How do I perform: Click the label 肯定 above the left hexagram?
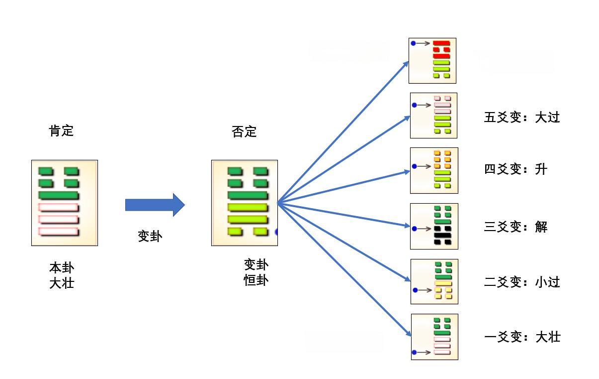click(61, 131)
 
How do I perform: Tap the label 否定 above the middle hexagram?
click(244, 132)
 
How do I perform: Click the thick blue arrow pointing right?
click(155, 205)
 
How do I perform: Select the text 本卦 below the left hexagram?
click(62, 267)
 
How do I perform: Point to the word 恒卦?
click(256, 280)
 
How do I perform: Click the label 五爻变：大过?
click(522, 118)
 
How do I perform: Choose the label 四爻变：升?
click(515, 169)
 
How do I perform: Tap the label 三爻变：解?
click(515, 227)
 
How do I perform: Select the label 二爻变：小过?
click(522, 282)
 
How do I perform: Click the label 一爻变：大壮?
click(522, 337)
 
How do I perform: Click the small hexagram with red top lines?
click(432, 60)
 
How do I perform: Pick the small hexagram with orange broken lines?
click(434, 170)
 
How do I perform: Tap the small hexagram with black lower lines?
click(434, 226)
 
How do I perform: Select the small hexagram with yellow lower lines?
click(434, 281)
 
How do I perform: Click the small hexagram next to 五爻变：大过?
click(433, 115)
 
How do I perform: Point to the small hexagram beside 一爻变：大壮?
click(434, 337)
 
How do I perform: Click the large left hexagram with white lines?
click(65, 203)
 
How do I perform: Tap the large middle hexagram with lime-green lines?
click(245, 203)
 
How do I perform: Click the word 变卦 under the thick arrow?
click(150, 237)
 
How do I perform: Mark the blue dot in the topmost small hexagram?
click(413, 43)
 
